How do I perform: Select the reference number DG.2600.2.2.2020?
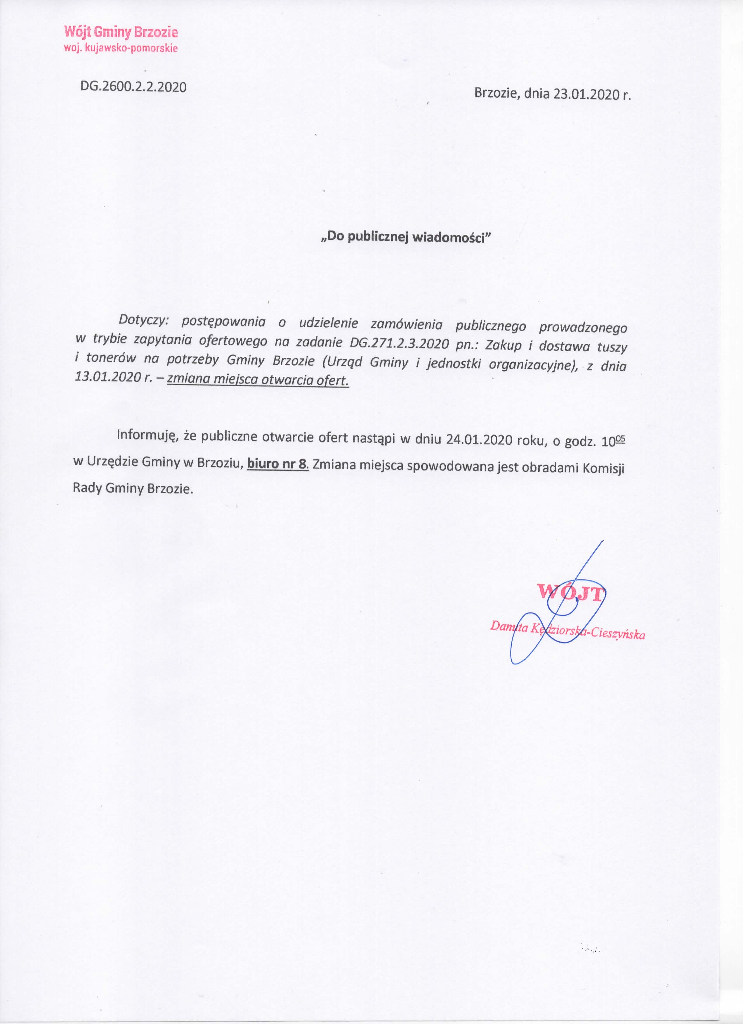point(133,87)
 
